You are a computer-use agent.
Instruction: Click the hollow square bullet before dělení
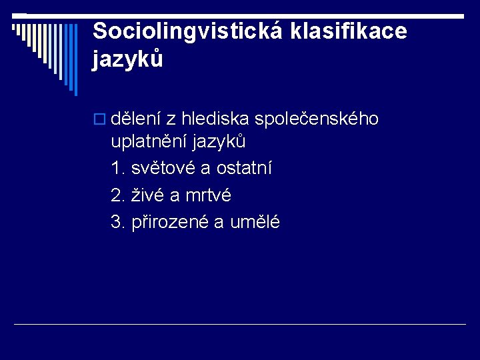pos(100,119)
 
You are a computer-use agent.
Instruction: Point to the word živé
pos(147,195)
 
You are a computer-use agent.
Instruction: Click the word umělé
pos(255,222)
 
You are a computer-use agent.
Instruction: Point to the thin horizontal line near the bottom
pos(240,324)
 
